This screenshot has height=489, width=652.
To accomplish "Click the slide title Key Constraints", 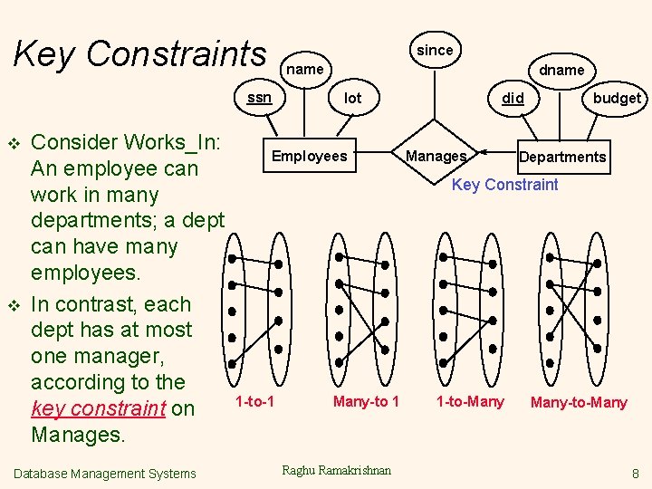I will click(140, 54).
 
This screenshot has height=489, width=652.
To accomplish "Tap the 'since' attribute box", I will click(435, 50).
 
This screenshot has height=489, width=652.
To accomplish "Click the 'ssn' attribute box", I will click(260, 97).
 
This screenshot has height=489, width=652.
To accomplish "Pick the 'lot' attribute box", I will click(353, 98).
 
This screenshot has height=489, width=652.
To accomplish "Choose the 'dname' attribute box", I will click(561, 70).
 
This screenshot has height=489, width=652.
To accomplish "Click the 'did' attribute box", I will click(513, 98).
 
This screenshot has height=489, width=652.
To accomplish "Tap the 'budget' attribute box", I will click(617, 98).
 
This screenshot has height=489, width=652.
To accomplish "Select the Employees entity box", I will click(310, 156).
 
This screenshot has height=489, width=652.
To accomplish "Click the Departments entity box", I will click(562, 157).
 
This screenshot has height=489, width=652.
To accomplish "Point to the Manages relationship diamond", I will click(436, 156).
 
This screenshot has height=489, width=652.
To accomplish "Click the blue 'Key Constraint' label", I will click(505, 185).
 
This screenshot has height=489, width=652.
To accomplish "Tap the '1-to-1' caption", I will click(254, 400).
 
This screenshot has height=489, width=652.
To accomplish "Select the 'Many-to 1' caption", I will click(366, 401).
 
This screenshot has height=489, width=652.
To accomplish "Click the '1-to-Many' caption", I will click(470, 401).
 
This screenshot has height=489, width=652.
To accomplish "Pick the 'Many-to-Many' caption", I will click(579, 402).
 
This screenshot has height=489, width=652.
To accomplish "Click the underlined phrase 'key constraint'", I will click(98, 408).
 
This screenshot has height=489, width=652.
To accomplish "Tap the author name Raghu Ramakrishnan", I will click(337, 469).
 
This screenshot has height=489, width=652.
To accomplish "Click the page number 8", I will click(636, 473).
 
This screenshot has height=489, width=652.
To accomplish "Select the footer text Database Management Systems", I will click(105, 473).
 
